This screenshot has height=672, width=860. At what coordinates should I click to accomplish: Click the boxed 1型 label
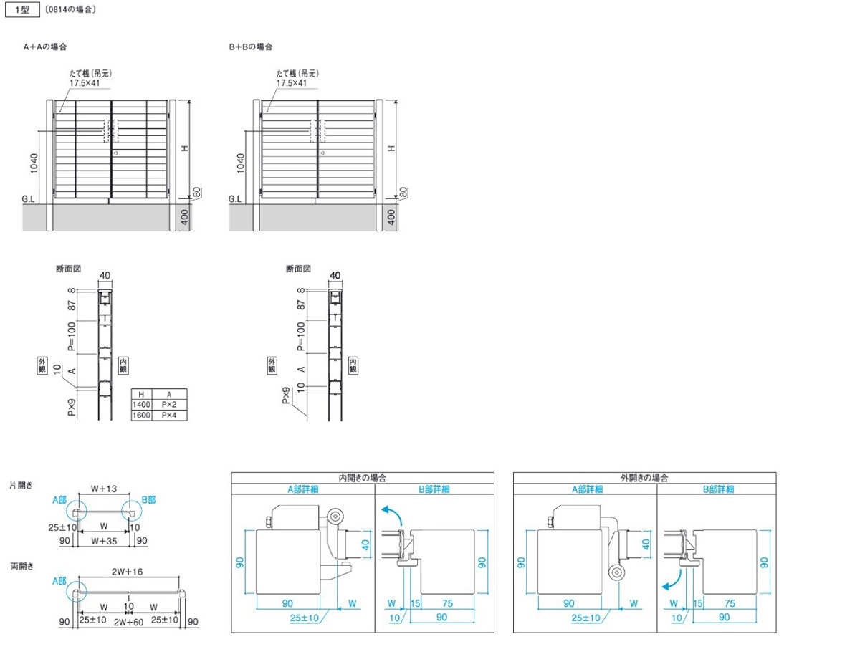tap(22, 9)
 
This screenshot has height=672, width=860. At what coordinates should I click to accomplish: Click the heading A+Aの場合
tap(45, 47)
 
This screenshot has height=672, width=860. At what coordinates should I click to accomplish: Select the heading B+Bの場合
tap(251, 47)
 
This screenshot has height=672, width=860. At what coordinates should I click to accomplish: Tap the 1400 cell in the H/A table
tap(141, 405)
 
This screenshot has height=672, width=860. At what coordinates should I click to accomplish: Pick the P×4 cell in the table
tap(169, 416)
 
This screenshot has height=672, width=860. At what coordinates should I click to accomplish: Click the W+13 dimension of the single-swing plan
tap(104, 489)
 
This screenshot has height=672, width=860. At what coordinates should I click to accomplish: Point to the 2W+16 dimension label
tap(127, 572)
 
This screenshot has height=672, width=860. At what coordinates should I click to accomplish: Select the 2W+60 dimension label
tap(128, 622)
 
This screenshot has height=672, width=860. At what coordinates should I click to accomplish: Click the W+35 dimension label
tap(104, 541)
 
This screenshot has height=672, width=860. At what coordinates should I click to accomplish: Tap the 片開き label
tap(21, 485)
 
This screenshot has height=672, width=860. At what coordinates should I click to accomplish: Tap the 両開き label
tap(22, 567)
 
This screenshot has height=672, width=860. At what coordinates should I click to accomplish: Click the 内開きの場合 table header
tap(362, 478)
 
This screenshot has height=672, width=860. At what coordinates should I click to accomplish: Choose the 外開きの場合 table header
tap(644, 478)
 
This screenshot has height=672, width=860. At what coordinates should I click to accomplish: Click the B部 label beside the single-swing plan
tap(149, 500)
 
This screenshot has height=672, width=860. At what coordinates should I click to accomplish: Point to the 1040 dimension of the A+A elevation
tap(34, 163)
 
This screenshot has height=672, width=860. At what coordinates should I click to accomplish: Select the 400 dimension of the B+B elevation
tap(391, 217)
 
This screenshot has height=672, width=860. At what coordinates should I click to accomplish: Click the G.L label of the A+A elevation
tap(28, 199)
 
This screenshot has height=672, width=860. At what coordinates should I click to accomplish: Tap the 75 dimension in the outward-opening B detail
tap(730, 603)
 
